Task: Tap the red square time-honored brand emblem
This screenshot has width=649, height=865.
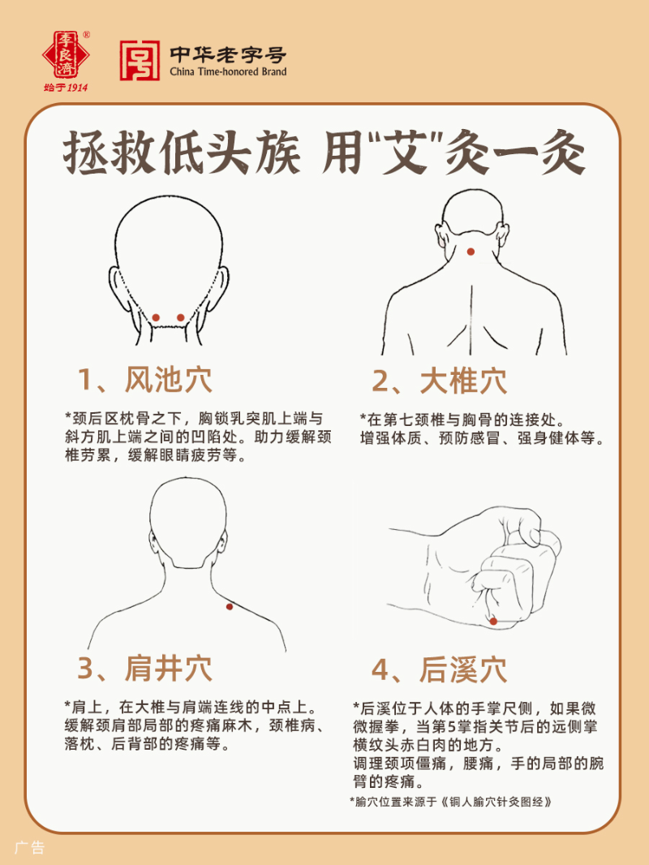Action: (x=140, y=61)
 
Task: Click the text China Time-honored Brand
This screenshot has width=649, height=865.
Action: (x=228, y=72)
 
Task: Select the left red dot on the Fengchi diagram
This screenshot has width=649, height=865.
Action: (x=156, y=316)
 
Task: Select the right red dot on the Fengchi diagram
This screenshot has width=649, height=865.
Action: (x=180, y=316)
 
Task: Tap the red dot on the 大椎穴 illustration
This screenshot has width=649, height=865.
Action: (x=471, y=252)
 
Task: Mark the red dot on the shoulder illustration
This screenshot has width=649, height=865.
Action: (x=230, y=606)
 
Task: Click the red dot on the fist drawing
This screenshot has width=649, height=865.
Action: (x=492, y=622)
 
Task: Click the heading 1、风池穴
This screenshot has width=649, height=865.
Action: (x=144, y=380)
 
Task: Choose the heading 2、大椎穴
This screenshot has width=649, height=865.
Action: (x=439, y=380)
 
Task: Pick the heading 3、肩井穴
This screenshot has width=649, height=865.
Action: (x=144, y=668)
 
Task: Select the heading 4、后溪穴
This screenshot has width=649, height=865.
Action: (x=439, y=669)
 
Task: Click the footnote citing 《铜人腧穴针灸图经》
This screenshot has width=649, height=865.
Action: (x=452, y=801)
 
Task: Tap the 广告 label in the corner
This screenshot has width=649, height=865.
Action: (x=29, y=848)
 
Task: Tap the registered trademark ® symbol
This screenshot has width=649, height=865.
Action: (x=87, y=35)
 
